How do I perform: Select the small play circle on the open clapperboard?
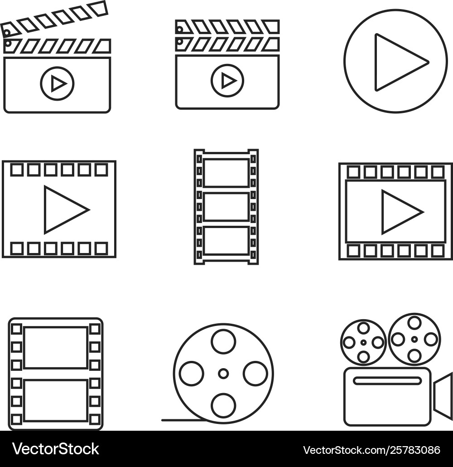[x=57, y=83]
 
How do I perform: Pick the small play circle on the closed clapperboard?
[x=227, y=81]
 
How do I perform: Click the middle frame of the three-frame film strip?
[x=226, y=206]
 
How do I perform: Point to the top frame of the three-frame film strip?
[x=226, y=173]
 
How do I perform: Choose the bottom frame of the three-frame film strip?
[x=226, y=240]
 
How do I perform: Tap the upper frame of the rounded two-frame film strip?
[x=56, y=347]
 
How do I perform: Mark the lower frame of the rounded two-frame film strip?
[x=56, y=401]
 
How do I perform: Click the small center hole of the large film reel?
[x=223, y=374]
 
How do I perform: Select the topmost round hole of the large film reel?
[x=223, y=341]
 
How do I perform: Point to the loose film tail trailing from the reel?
[x=181, y=420]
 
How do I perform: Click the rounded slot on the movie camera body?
[x=387, y=381]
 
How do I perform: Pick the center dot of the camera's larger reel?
[x=414, y=339]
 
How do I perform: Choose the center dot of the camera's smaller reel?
[x=363, y=342]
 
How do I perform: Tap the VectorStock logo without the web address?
[x=56, y=449]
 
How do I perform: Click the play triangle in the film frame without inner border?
[x=63, y=209]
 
